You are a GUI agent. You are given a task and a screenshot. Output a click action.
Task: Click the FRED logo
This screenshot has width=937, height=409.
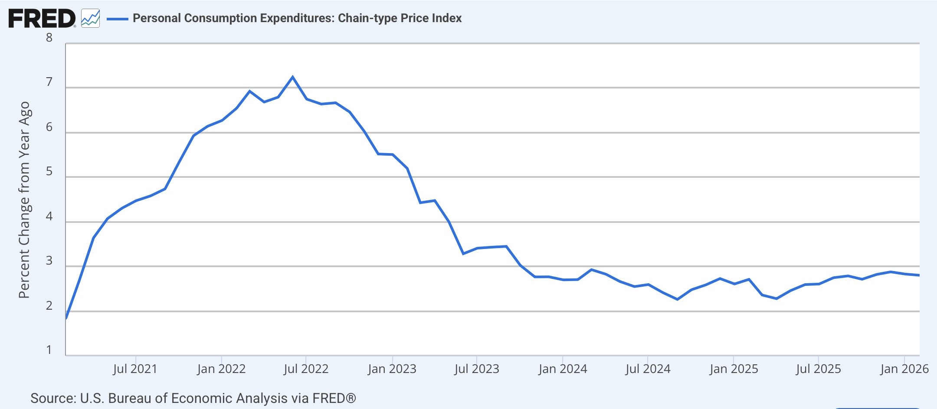(42, 19)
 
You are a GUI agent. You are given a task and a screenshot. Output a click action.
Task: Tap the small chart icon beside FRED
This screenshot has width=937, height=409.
(90, 19)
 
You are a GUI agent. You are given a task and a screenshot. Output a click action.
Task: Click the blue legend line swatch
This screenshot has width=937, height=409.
(117, 19)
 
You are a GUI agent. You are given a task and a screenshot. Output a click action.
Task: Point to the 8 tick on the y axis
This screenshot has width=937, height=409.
(49, 38)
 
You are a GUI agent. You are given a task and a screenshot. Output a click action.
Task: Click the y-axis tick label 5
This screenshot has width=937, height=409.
(49, 171)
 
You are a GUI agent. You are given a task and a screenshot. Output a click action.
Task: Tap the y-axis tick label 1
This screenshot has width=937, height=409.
(49, 350)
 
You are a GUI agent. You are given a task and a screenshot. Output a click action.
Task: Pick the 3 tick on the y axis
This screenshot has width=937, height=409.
(49, 261)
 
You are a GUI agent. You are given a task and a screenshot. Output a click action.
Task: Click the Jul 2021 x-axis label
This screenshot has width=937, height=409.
(135, 369)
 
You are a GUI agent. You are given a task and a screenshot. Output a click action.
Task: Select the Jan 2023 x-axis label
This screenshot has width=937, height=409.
(392, 369)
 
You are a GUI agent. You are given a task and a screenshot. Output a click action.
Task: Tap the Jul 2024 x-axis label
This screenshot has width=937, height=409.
(648, 369)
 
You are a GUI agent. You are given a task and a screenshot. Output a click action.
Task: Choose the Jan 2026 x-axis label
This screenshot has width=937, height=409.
(904, 369)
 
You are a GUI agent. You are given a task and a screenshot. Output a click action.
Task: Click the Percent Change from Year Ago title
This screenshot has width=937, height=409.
(24, 200)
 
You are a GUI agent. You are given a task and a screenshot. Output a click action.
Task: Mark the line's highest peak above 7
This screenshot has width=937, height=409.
(292, 77)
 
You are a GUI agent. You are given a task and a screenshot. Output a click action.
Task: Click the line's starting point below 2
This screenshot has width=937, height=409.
(66, 318)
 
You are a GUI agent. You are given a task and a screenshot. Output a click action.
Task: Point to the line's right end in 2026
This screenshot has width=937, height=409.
(919, 275)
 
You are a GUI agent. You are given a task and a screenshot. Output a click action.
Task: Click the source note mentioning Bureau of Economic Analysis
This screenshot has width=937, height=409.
(193, 398)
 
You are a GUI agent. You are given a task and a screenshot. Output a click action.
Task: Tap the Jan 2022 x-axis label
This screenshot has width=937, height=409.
(221, 369)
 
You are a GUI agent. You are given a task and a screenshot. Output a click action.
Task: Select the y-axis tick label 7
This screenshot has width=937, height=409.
(49, 82)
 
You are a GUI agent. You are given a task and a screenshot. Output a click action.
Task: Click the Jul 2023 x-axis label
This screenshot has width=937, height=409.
(477, 369)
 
